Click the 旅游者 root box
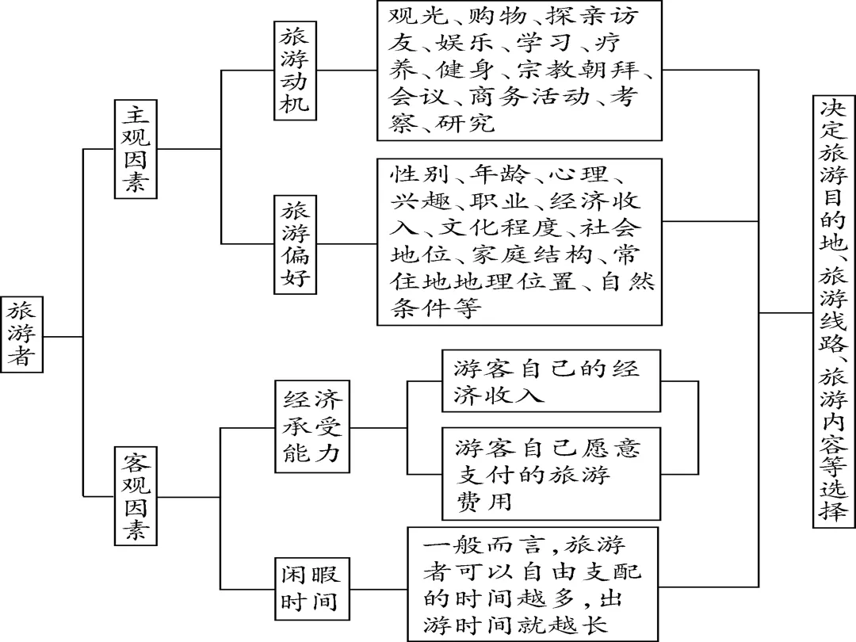pyautogui.click(x=21, y=334)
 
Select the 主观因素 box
pyautogui.click(x=136, y=148)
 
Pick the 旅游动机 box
pyautogui.click(x=295, y=71)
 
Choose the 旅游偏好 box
pyautogui.click(x=295, y=243)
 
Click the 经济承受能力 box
pyautogui.click(x=312, y=427)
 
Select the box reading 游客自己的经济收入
pyautogui.click(x=550, y=381)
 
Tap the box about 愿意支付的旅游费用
pyautogui.click(x=550, y=475)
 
